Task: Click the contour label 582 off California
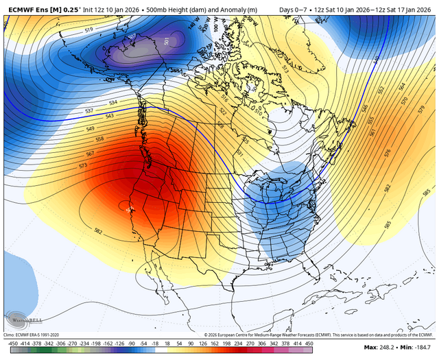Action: coord(97,231)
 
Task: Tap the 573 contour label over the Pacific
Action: coord(83,166)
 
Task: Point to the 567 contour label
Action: coord(90,154)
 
